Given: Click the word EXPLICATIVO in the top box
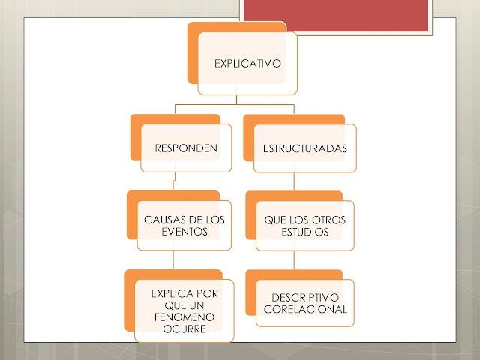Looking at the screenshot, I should pos(247,64).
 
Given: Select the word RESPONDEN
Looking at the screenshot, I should pos(186,148).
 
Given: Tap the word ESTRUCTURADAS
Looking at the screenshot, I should pos(304,148).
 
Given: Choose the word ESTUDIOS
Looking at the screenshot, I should pos(304,232).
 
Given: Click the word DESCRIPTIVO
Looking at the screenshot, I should pos(304,297).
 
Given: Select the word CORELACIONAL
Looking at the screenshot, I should pos(304,310).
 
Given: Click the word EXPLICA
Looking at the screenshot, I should pos(166,293).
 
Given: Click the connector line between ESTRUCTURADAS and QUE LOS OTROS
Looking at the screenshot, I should pos(294,184).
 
